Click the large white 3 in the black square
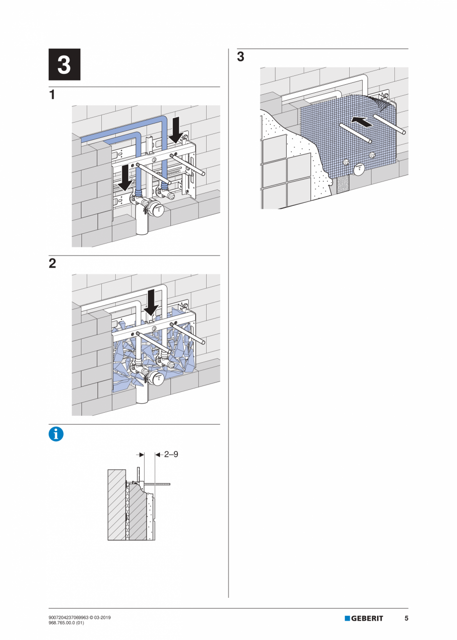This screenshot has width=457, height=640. click(x=64, y=65)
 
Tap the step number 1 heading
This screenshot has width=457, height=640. click(x=52, y=95)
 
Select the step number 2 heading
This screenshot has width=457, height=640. click(x=52, y=263)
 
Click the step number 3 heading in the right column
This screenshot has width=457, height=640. click(x=240, y=57)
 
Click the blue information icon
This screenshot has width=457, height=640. click(x=56, y=434)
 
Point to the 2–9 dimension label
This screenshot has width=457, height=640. click(x=171, y=453)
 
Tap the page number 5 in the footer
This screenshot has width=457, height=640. click(x=406, y=618)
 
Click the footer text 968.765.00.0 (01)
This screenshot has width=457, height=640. click(x=66, y=623)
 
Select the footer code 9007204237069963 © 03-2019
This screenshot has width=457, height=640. click(x=79, y=617)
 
